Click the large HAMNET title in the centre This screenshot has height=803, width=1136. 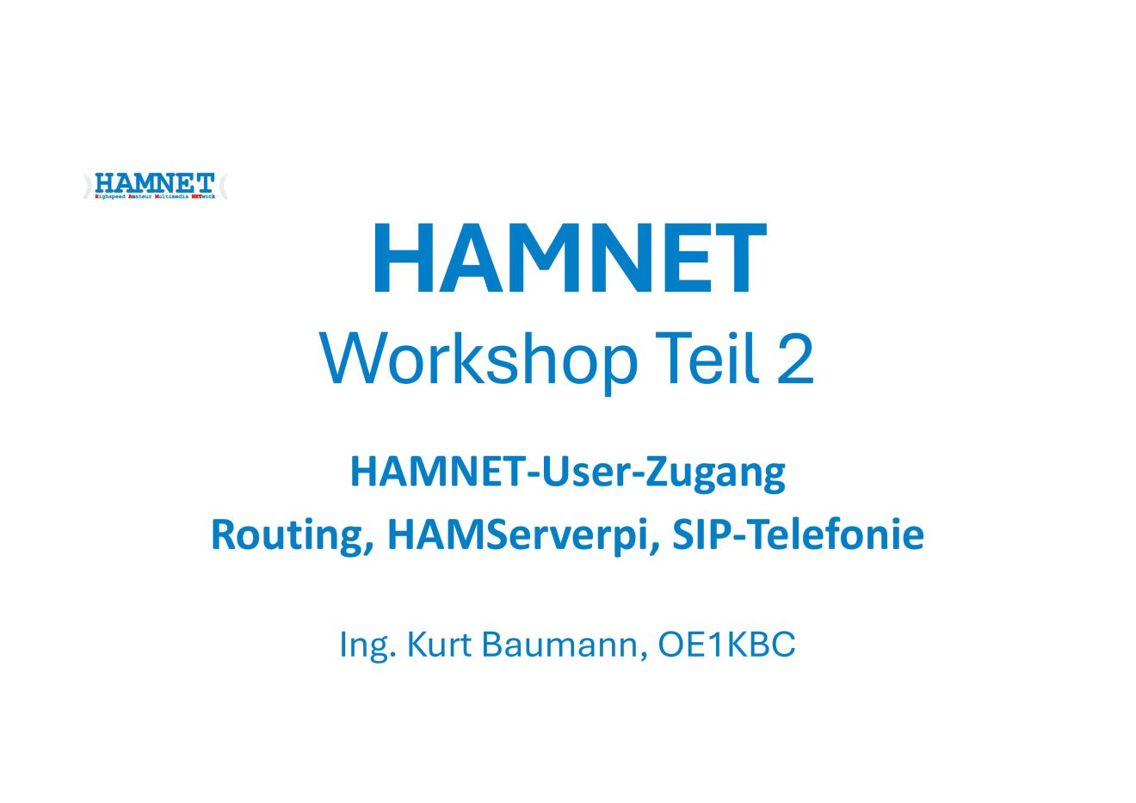click(x=568, y=260)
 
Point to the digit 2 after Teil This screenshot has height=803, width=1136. click(x=794, y=359)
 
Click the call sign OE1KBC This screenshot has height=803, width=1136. click(x=726, y=644)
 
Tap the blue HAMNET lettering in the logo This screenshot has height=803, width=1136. click(x=155, y=182)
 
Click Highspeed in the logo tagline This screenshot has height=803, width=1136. click(x=110, y=196)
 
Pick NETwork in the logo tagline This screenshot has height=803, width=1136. click(x=203, y=196)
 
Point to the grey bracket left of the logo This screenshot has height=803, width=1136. click(x=87, y=187)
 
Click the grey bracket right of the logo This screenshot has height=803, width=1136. click(x=224, y=186)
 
